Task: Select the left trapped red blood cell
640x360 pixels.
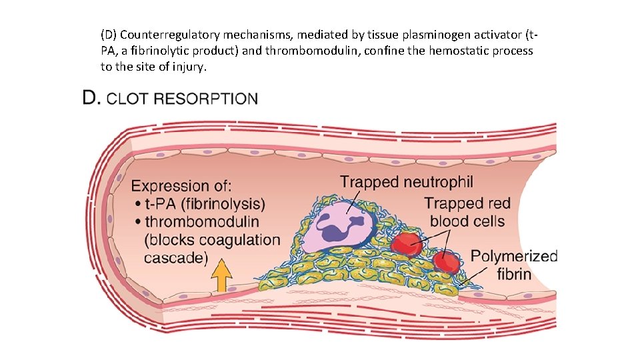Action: pos(406,244)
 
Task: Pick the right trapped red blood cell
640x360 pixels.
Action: pos(445,261)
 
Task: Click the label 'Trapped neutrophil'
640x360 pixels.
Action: pos(406,181)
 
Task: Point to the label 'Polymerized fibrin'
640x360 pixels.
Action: pos(513,265)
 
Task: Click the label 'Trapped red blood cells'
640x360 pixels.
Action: pos(467,212)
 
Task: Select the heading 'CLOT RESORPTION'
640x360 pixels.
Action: pos(182,99)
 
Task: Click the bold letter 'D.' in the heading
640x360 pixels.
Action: pos(92,99)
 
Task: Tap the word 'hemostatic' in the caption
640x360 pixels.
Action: pos(431,51)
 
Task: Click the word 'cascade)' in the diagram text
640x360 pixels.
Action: pos(176,257)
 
